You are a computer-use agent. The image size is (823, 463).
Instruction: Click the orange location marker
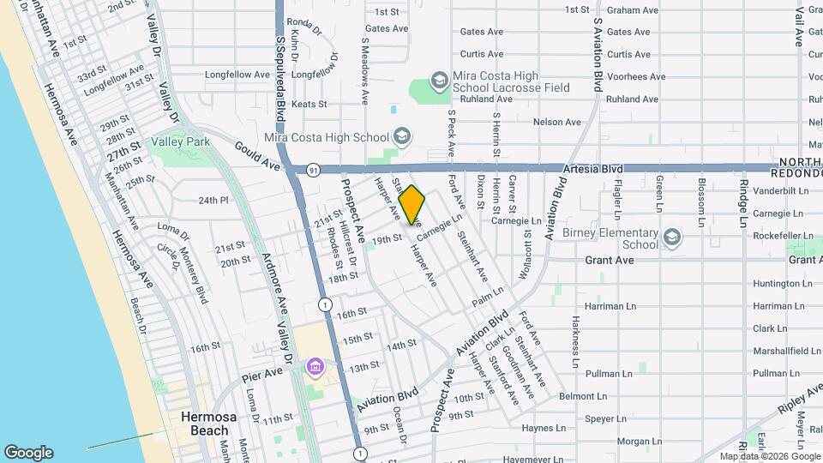tap(411, 204)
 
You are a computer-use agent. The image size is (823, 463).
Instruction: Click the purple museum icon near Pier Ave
tap(315, 367)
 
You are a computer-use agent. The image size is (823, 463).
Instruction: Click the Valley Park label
tap(178, 141)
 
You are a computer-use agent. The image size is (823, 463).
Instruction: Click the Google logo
tap(28, 453)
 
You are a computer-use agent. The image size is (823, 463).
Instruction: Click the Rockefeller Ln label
tap(778, 236)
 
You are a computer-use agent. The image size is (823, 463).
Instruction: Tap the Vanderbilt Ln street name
tap(778, 190)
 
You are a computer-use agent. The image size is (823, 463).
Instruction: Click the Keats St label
tap(309, 105)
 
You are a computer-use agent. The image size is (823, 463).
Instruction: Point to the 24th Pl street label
tap(214, 201)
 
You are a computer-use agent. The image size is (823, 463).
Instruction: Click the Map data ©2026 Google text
tap(769, 456)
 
